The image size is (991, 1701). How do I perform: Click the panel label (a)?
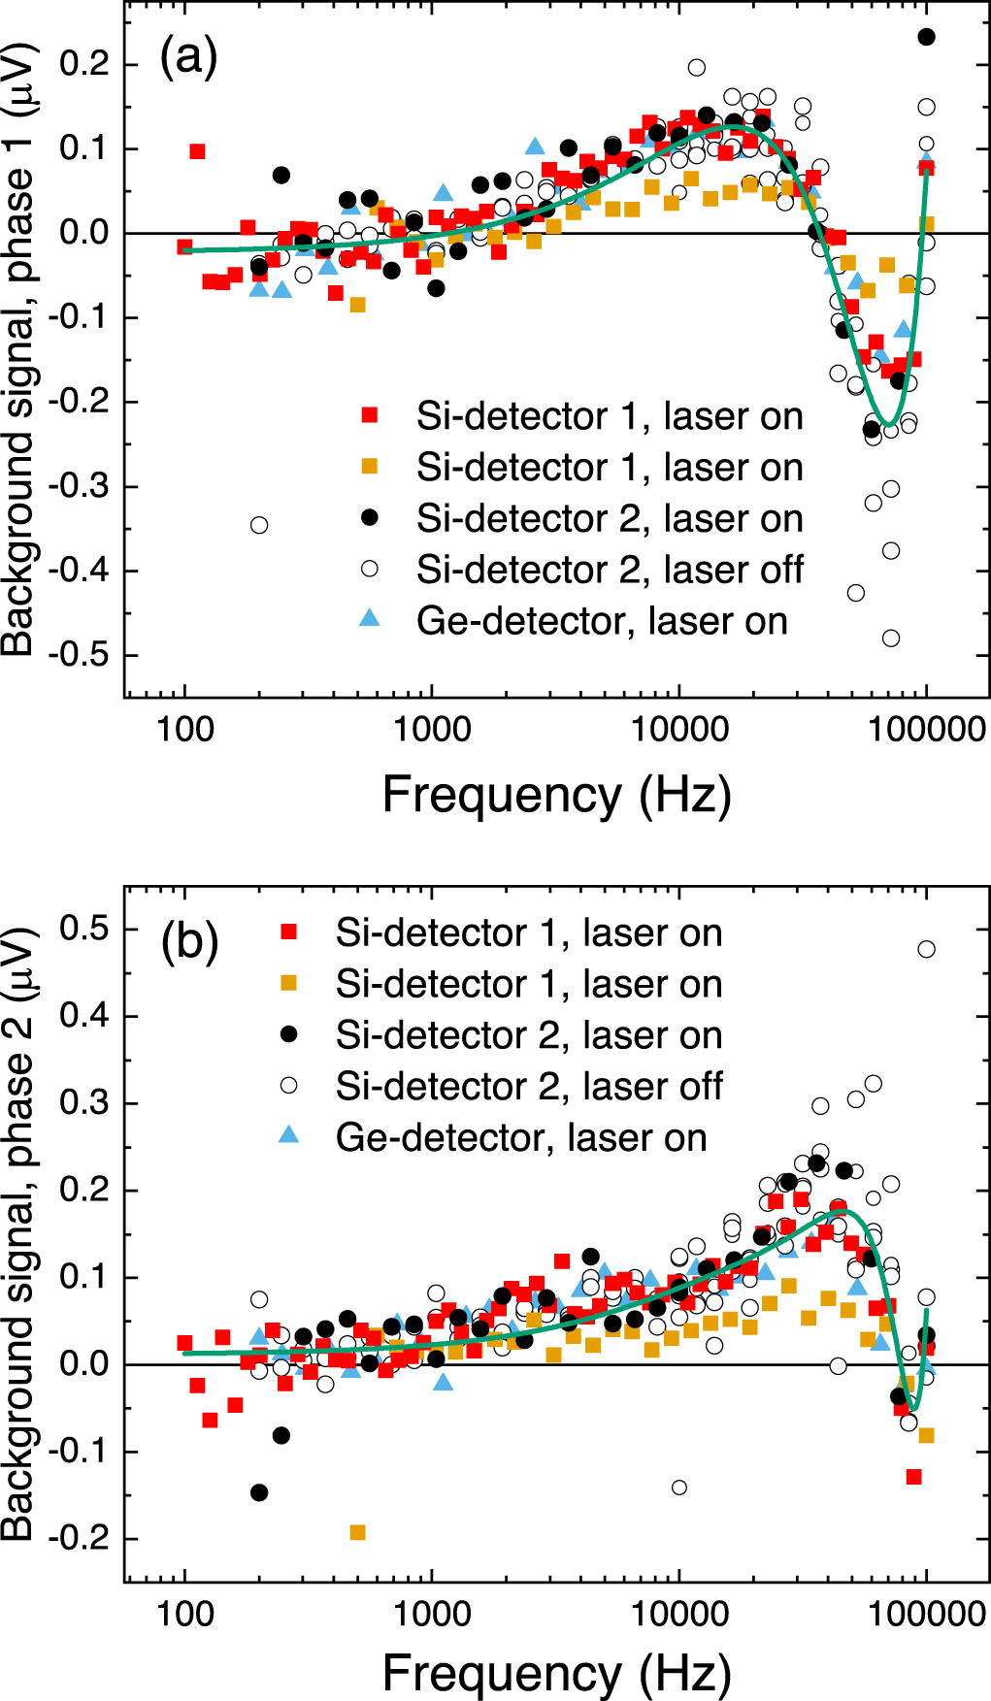(188, 57)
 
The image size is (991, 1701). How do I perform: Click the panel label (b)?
(189, 940)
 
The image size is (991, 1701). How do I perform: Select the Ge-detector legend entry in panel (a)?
(601, 621)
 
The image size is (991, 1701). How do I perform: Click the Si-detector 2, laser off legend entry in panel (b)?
(528, 1087)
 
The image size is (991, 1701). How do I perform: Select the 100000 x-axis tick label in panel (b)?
(926, 1614)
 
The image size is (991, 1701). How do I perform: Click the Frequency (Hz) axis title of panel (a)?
(556, 796)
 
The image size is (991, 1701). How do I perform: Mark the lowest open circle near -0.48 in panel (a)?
(891, 638)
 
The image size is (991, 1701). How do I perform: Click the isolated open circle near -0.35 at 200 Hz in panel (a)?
(259, 525)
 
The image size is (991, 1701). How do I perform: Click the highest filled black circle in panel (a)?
(926, 37)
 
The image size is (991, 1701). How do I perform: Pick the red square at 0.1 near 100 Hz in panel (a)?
(197, 151)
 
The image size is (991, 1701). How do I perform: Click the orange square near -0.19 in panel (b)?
(357, 1532)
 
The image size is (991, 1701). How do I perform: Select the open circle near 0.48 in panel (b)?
(926, 949)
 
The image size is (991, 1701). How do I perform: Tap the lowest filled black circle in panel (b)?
(259, 1492)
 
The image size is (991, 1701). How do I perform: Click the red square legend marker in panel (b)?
(288, 932)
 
